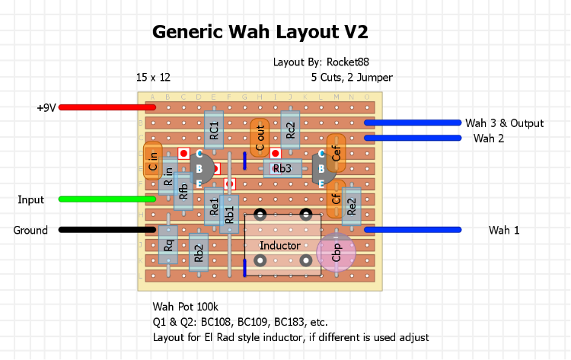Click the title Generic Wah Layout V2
[x=260, y=32]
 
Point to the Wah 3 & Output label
[x=505, y=123]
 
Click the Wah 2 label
[x=489, y=139]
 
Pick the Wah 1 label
[x=504, y=230]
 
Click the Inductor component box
[x=282, y=245]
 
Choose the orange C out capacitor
[x=260, y=139]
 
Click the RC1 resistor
[x=214, y=130]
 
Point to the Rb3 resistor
[x=282, y=169]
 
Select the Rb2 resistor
[x=199, y=253]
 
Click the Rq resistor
[x=168, y=245]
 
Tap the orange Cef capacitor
[x=336, y=154]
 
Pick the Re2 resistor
[x=351, y=205]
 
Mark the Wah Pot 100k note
[x=185, y=307]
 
